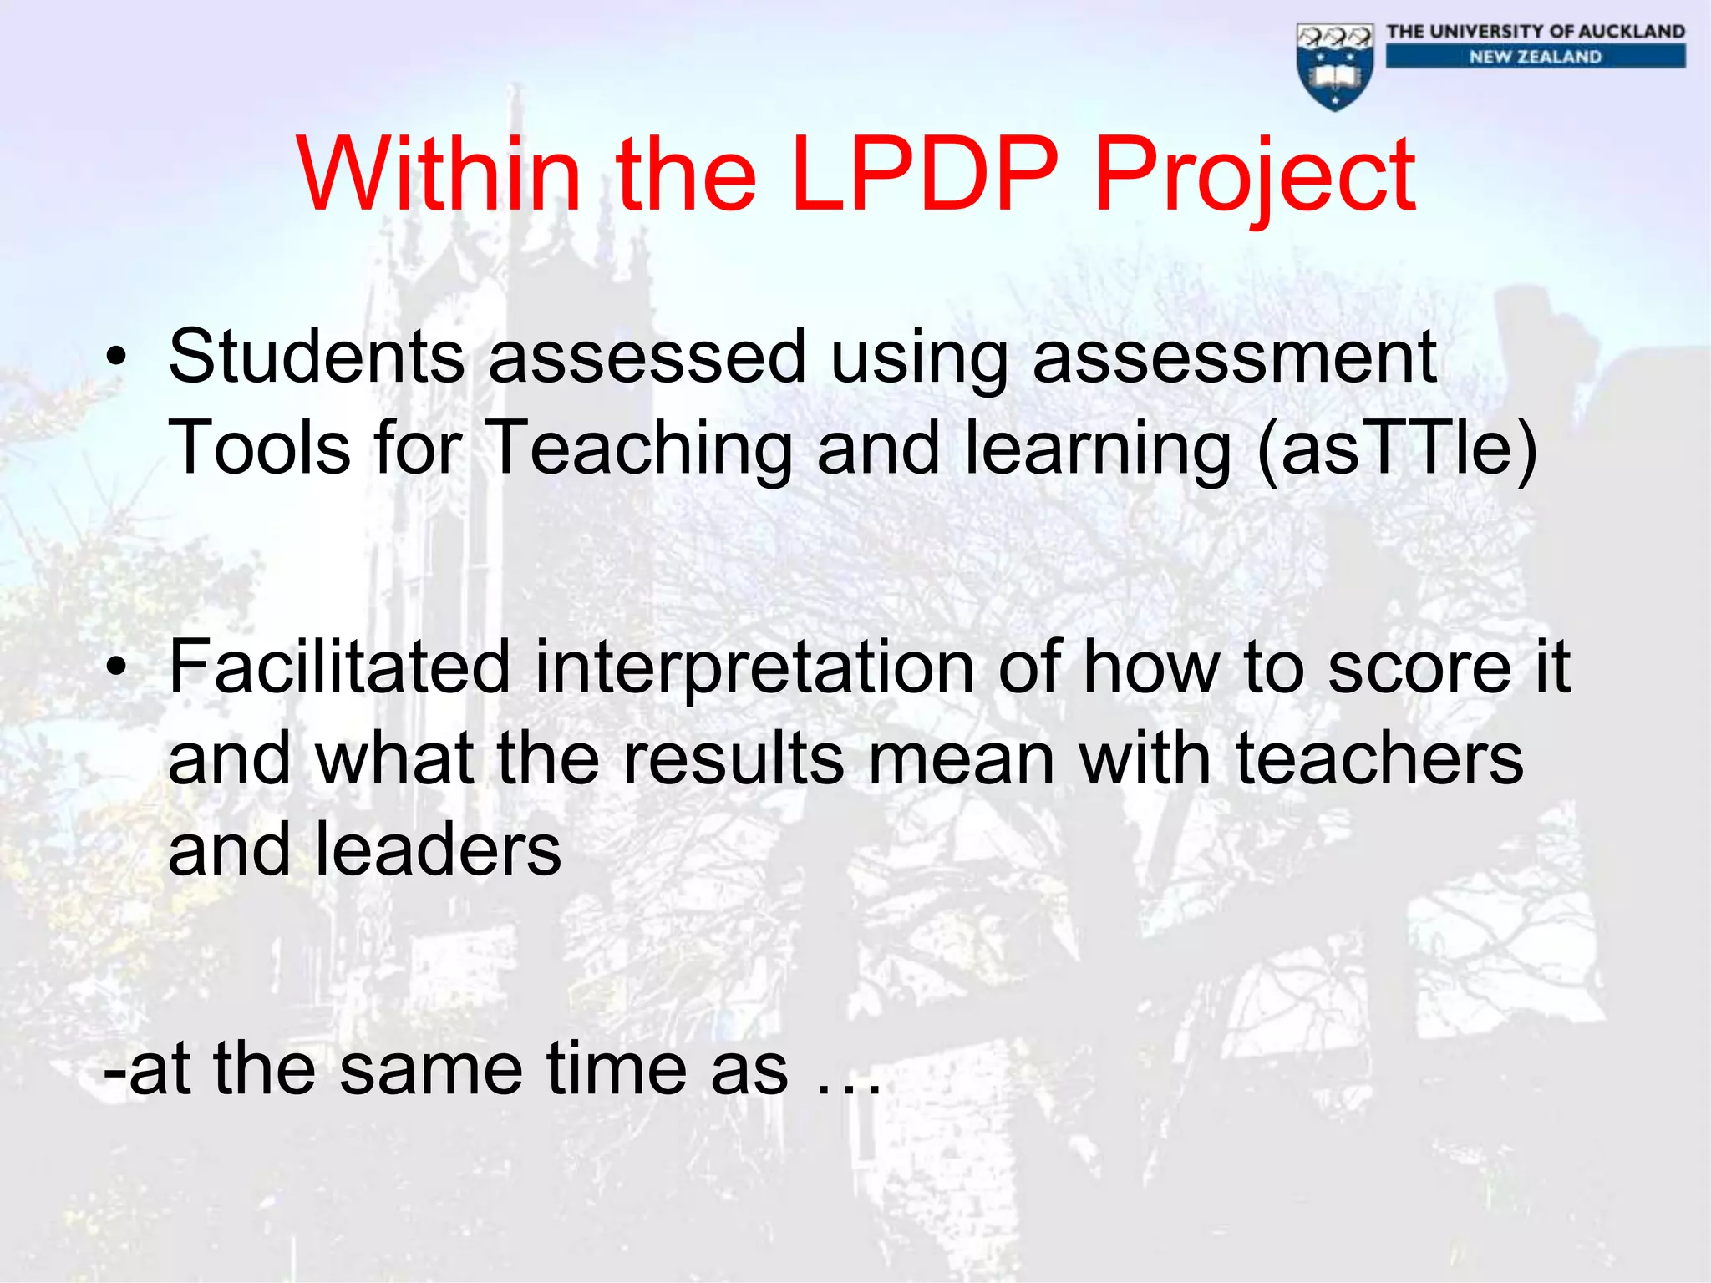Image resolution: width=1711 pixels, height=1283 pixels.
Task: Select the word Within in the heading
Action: tap(439, 175)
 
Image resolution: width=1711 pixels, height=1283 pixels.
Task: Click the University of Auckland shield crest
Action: tap(1335, 67)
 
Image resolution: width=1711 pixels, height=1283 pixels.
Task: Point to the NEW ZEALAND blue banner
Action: tap(1536, 57)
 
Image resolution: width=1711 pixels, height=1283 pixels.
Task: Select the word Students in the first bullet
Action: tap(316, 358)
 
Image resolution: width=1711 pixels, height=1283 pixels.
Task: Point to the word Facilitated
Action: tap(339, 667)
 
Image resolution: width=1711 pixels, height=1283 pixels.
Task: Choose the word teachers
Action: tap(1379, 758)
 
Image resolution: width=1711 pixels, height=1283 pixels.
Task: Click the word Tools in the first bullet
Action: tap(259, 449)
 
